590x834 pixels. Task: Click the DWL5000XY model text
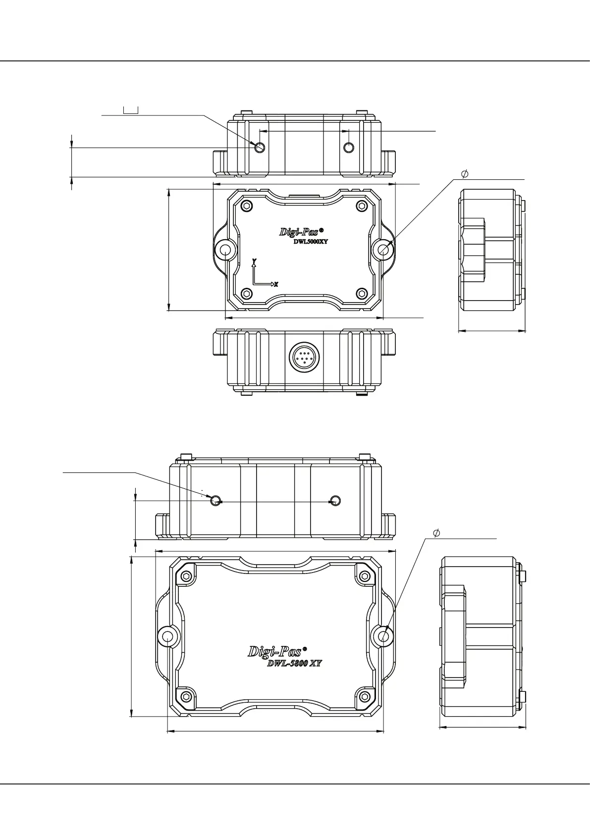(x=311, y=241)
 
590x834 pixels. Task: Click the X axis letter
(x=276, y=285)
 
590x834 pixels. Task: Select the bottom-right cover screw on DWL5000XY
(x=362, y=293)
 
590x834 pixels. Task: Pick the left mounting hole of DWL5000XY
(x=226, y=250)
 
